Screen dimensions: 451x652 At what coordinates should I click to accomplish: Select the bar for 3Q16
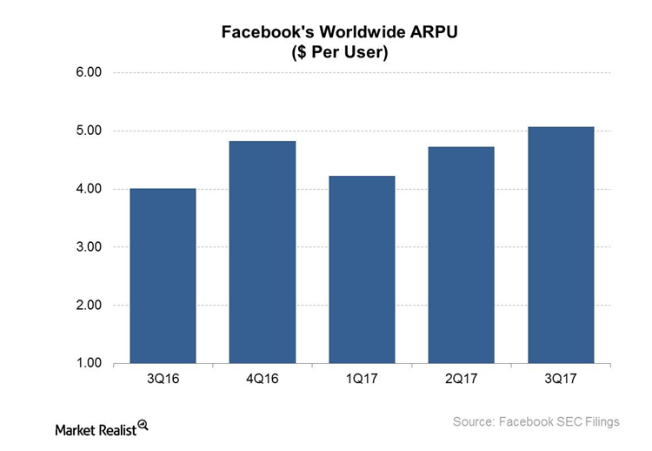click(x=163, y=276)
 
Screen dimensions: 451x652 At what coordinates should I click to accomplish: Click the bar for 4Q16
click(x=263, y=252)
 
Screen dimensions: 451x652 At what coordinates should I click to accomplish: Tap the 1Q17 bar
click(x=362, y=270)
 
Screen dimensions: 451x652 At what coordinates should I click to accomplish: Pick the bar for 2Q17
click(x=462, y=255)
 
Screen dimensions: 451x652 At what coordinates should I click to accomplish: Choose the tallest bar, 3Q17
click(x=562, y=246)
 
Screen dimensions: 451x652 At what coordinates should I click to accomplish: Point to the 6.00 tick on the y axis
click(x=89, y=73)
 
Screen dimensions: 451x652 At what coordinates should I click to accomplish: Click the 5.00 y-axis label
click(x=89, y=131)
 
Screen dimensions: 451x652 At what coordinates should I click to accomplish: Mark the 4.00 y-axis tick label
click(x=89, y=189)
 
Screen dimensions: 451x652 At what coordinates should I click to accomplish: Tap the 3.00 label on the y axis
click(x=89, y=247)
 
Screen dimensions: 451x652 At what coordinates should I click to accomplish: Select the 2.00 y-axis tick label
click(x=89, y=306)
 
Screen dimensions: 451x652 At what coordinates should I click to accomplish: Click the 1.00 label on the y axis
click(x=89, y=363)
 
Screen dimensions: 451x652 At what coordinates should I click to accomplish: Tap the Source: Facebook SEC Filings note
click(x=536, y=422)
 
